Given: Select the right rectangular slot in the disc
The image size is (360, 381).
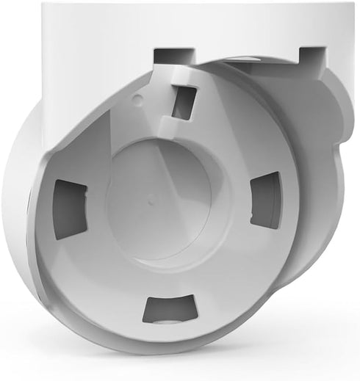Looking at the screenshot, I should (x=265, y=199).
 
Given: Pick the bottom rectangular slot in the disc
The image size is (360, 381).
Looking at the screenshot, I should (x=170, y=308).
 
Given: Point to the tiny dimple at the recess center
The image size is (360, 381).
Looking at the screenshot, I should (x=150, y=197).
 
